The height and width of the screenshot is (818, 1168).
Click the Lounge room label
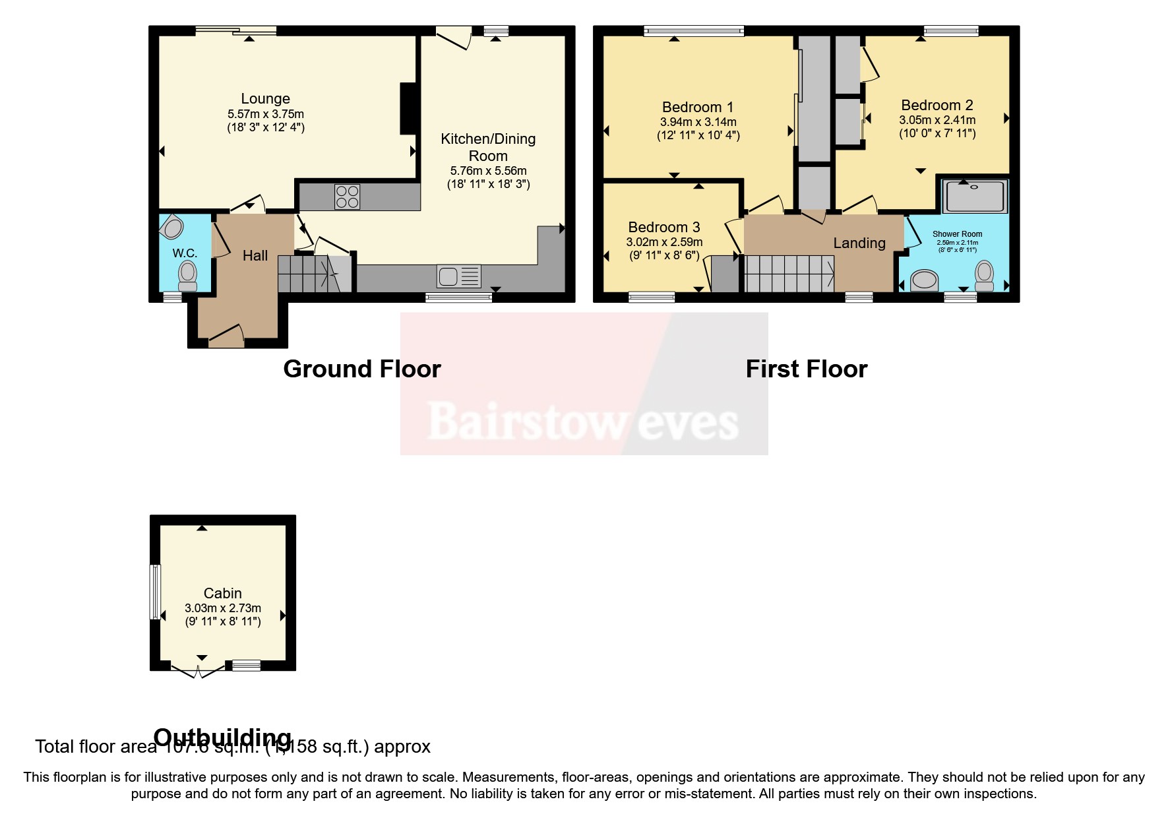pos(265,99)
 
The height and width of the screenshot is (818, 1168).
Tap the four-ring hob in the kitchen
pos(348,197)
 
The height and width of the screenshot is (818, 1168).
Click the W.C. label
pos(185,253)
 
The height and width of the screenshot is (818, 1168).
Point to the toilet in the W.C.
pos(188,275)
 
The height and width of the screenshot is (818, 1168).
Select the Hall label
pos(255,256)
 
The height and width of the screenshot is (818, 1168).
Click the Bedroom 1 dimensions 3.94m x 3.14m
pos(698,122)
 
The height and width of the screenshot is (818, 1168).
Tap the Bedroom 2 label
pos(937,106)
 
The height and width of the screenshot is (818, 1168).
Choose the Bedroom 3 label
pos(663,228)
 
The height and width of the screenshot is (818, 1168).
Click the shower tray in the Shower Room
pos(975,196)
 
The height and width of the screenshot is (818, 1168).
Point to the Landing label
pos(859,243)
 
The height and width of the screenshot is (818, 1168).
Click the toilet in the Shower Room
pos(985,276)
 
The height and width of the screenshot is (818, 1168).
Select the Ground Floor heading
pos(362,369)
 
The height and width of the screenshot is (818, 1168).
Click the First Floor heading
pos(806,369)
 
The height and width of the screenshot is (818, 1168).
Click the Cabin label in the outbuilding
pos(222,593)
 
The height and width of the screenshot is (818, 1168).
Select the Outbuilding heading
pos(222,736)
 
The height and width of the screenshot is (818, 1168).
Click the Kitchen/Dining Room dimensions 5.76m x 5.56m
pos(488,171)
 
